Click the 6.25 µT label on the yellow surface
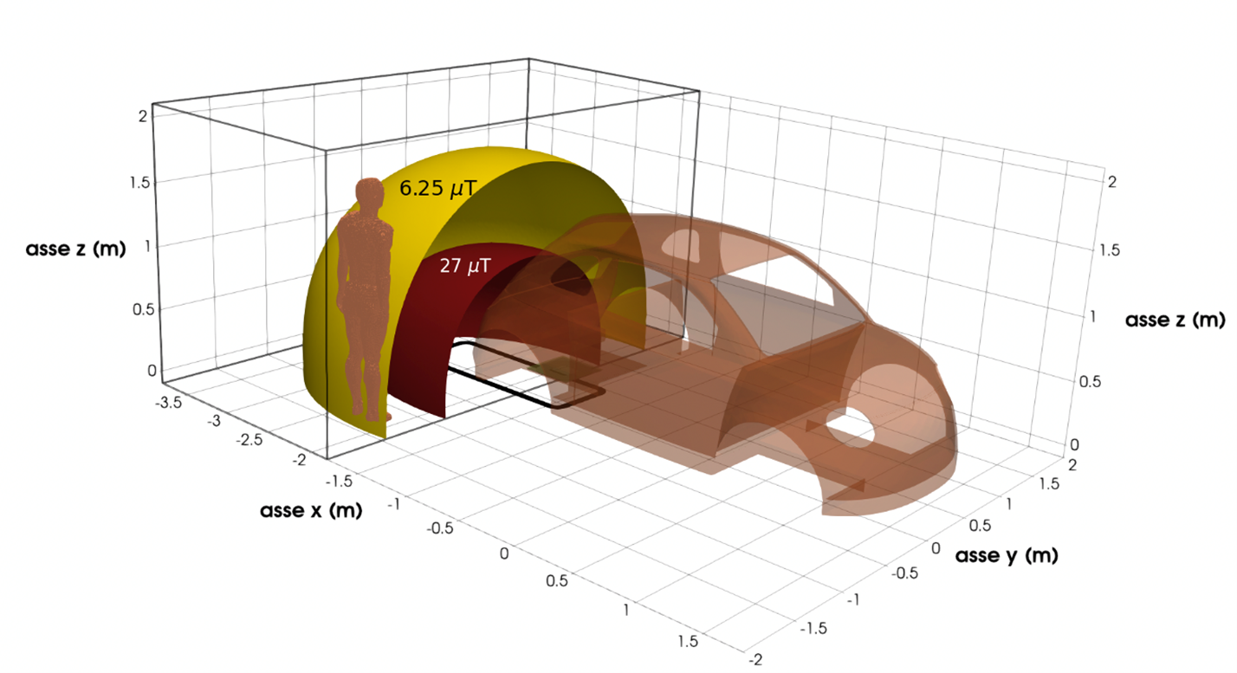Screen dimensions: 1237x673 437,188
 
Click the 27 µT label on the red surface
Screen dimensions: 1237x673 465,266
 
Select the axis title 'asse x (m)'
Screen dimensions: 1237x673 311,510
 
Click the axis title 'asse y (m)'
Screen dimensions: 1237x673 1007,555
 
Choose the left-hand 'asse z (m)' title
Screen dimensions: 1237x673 75,249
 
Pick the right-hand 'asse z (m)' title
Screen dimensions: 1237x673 1175,320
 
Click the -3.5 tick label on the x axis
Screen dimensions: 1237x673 168,402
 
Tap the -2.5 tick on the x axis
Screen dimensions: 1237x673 249,440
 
